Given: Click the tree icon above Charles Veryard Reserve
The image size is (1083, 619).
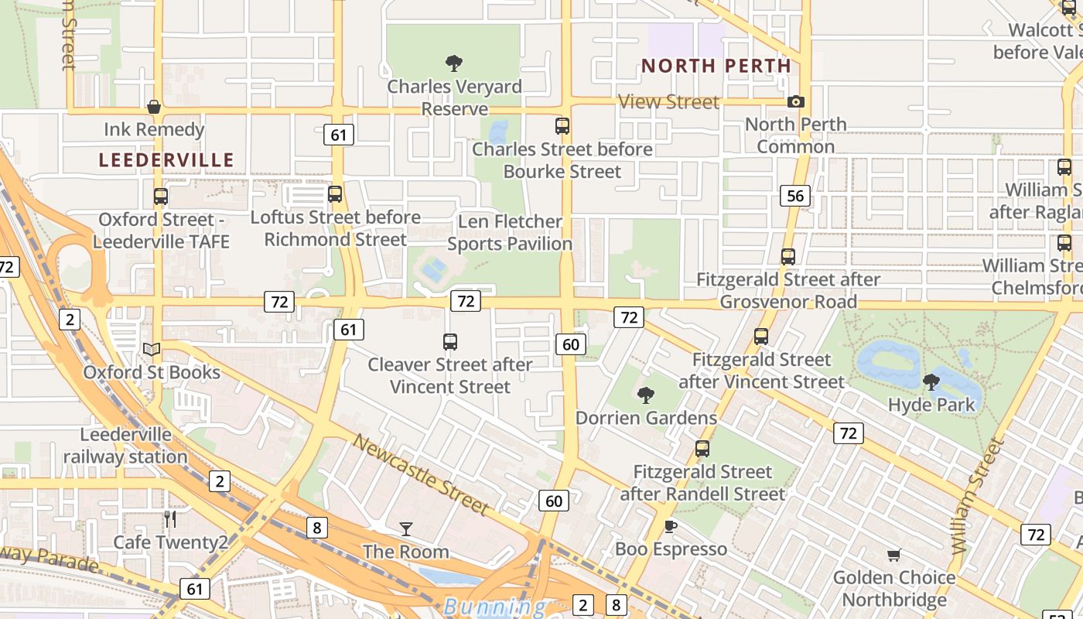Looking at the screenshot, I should (454, 63).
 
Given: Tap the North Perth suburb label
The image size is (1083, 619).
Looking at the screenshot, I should (716, 67).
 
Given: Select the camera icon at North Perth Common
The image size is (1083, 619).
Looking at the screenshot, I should (795, 101).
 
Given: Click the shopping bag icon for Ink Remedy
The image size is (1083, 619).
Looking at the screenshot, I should (154, 107).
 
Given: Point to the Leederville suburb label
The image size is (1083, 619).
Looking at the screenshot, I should (166, 160).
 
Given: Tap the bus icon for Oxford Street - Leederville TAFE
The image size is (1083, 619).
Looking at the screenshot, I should (161, 197).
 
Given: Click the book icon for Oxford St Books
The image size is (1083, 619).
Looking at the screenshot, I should (152, 350).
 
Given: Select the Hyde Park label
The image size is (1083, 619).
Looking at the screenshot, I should (931, 404).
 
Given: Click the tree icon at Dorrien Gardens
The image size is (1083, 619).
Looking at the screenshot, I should (646, 395).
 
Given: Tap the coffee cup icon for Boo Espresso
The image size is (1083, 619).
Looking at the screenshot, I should (671, 527).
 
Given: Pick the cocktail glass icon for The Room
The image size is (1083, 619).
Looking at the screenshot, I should (406, 529).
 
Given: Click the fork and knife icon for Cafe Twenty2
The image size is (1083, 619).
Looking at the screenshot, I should (170, 519).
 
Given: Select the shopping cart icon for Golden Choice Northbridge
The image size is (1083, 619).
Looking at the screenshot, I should (894, 555).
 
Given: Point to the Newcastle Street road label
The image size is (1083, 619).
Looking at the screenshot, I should (421, 474).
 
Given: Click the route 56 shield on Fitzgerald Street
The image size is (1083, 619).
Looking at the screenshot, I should (795, 196).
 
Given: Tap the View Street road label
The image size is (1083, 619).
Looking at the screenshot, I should (669, 101).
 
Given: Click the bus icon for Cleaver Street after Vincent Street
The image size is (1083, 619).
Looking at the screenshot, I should (449, 341).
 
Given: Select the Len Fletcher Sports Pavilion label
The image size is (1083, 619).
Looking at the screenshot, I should (509, 233).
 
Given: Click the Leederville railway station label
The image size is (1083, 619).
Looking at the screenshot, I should (125, 446).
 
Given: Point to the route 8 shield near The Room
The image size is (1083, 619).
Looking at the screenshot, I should (316, 528).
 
